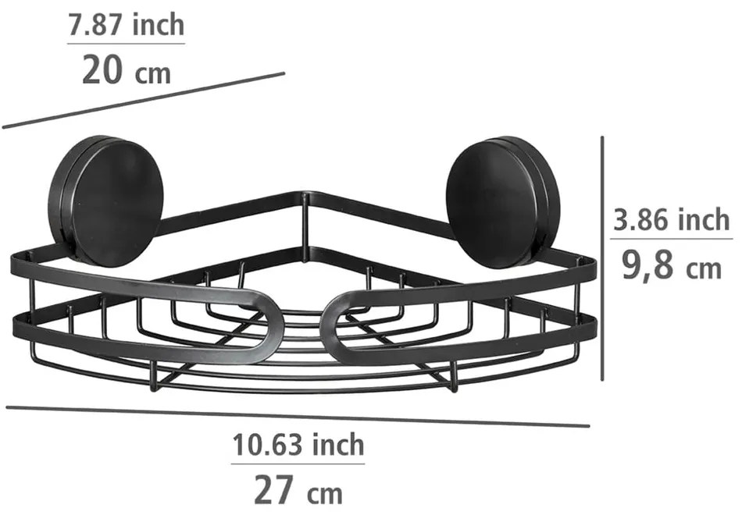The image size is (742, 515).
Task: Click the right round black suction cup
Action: pos(501,194)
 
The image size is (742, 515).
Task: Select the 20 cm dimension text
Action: pos(126,72)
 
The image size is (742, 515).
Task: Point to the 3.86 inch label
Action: pos(671,221)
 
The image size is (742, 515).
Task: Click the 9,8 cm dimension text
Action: pos(671,267)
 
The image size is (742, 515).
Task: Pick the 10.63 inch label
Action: pos(298,445)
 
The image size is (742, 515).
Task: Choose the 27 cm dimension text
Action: pos(298,491)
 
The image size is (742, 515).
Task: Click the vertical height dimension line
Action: pos(602,257)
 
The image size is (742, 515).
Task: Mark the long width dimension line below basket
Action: pos(297,416)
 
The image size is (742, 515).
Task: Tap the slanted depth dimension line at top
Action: pos(144,100)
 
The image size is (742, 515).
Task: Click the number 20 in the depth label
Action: pos(102,72)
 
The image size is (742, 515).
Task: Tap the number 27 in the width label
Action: pos(274,491)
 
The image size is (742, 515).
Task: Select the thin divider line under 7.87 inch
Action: pos(126,44)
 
